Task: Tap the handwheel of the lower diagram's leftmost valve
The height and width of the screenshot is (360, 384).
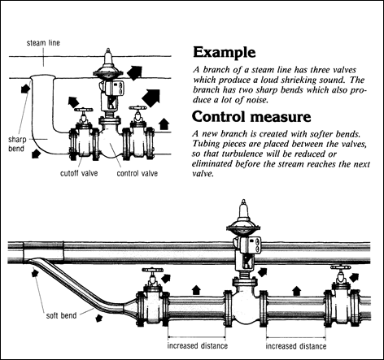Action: point(151,270)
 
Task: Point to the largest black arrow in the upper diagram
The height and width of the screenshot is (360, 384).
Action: point(151,100)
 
